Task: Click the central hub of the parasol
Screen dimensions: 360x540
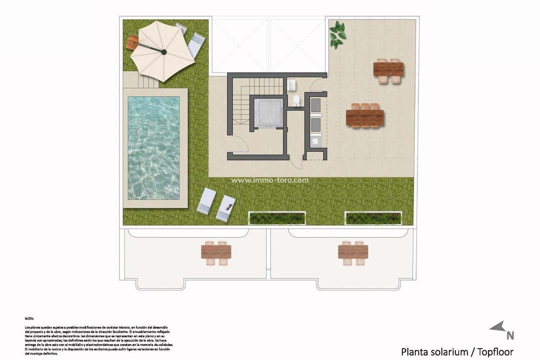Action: pos(164,51)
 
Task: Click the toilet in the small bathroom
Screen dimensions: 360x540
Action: pos(296,101)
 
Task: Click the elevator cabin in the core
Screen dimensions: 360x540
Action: pos(268,110)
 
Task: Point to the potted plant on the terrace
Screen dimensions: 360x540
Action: pos(338,33)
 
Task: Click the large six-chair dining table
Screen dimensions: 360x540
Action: pos(365,118)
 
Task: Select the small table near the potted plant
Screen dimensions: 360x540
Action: pos(388,69)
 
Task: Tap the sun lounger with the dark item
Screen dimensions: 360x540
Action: pos(225,207)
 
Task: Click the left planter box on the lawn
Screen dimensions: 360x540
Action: pos(277,218)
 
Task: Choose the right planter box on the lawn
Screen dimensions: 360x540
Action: pos(373,218)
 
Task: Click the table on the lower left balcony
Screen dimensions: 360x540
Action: pos(216,251)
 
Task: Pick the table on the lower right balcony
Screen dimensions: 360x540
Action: pos(353,251)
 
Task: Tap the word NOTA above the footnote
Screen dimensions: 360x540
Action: pos(29,318)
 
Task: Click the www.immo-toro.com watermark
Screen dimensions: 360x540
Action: pos(270,180)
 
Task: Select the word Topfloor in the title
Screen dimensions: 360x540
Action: pos(495,351)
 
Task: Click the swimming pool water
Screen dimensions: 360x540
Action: pos(153,147)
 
